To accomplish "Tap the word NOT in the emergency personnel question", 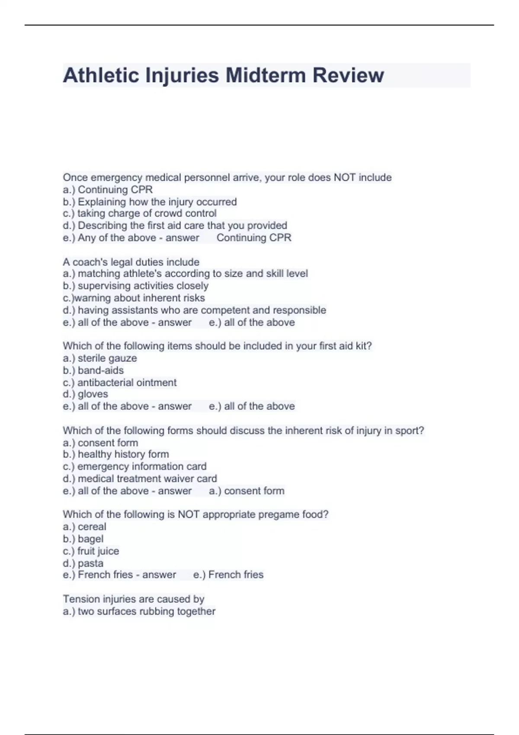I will click(344, 177).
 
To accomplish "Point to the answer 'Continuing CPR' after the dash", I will click(254, 238).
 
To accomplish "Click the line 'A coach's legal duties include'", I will click(131, 262).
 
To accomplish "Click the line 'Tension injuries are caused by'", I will click(133, 599).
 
